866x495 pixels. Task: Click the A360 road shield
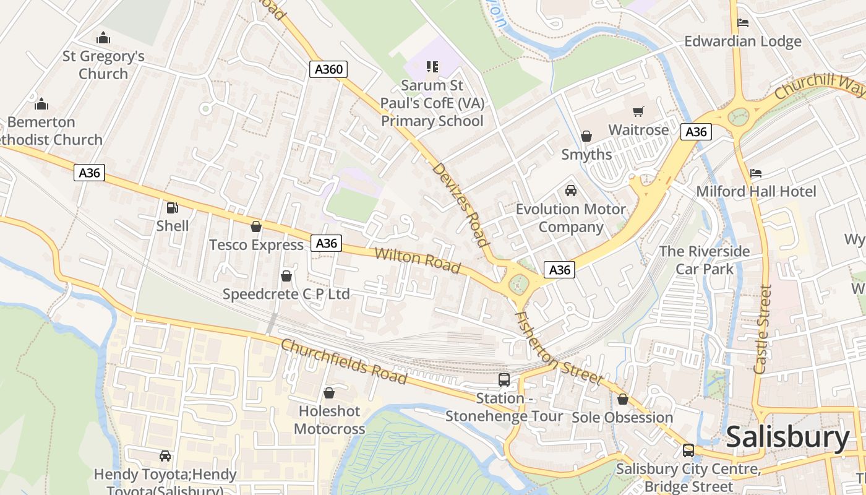[328, 69]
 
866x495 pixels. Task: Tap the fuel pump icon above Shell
[173, 209]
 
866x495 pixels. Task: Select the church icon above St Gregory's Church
[103, 38]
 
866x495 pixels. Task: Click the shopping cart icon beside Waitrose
[638, 112]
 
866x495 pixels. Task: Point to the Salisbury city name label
[787, 437]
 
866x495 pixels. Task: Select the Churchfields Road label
[344, 361]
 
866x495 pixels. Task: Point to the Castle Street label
[763, 329]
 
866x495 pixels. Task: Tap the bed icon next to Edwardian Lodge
[744, 24]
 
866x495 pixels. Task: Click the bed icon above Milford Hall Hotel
[756, 173]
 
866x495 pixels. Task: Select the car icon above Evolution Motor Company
[571, 191]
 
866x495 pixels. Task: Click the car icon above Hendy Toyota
[165, 456]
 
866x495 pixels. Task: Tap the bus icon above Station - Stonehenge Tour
[504, 380]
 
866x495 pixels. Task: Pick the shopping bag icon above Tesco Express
[256, 227]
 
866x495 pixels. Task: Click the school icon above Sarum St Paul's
[432, 66]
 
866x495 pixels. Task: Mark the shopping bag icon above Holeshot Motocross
[329, 393]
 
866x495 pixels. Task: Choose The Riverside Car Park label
[705, 260]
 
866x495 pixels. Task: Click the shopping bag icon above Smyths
[586, 136]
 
